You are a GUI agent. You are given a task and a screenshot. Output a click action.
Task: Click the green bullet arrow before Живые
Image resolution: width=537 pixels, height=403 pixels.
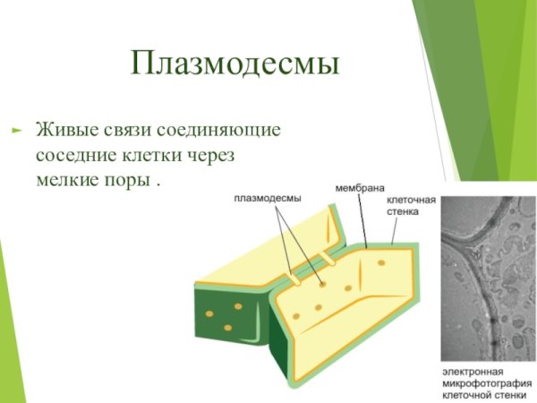click(15, 130)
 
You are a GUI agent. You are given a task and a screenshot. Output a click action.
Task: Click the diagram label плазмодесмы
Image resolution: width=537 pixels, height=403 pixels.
click(268, 198)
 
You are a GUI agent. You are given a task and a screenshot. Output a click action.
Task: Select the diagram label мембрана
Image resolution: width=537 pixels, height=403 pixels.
click(360, 188)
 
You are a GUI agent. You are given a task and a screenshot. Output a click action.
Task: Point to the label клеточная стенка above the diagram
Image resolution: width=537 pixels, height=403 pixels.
click(411, 206)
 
